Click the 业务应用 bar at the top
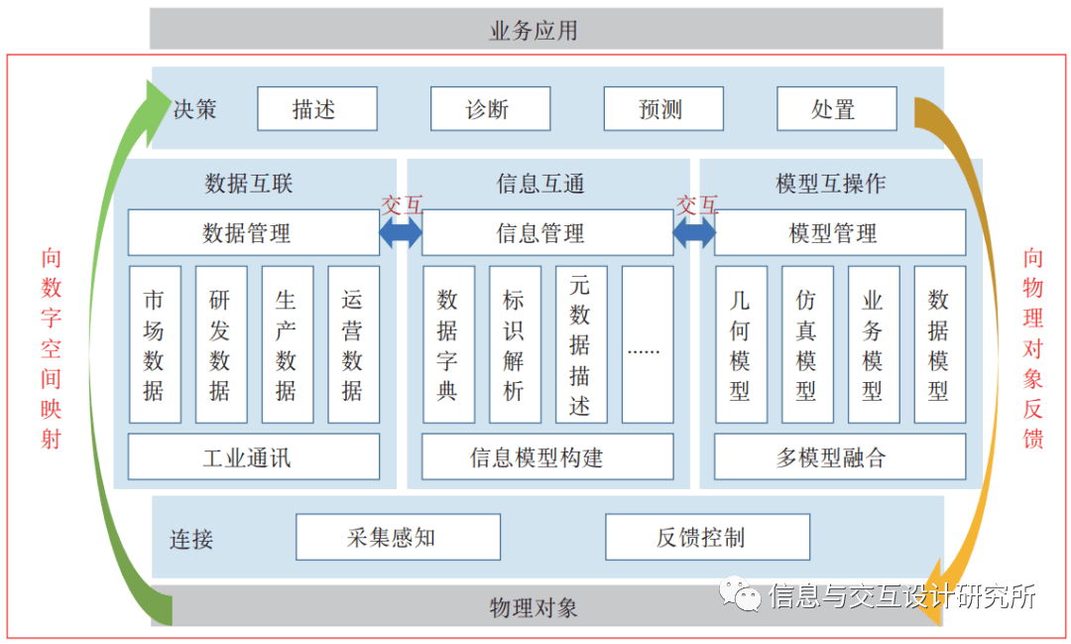click(x=545, y=30)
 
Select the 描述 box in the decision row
click(x=317, y=109)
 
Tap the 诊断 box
click(x=490, y=109)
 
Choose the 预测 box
click(x=662, y=109)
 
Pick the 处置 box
click(x=836, y=109)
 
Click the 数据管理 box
click(x=253, y=233)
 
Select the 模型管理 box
click(x=839, y=233)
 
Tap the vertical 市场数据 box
click(x=155, y=344)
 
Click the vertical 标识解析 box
click(x=515, y=344)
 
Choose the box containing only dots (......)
click(x=647, y=344)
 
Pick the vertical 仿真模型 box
click(x=806, y=344)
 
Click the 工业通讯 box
click(x=253, y=457)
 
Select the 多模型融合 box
click(x=839, y=457)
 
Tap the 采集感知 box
click(x=398, y=538)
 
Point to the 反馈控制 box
click(x=707, y=538)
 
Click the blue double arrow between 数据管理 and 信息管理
click(x=401, y=234)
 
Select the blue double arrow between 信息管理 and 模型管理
click(x=694, y=234)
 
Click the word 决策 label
click(x=194, y=109)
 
